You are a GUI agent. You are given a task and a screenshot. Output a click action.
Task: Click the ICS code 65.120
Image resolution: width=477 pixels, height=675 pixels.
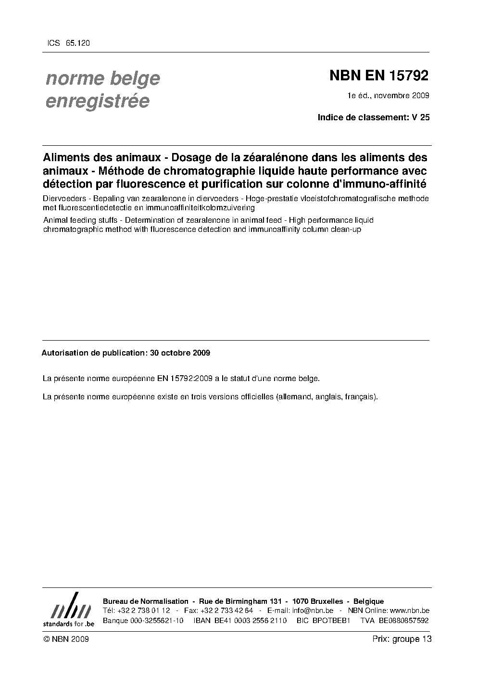pyautogui.click(x=77, y=43)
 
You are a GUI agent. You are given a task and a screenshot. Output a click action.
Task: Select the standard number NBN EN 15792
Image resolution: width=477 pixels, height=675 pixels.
pyautogui.click(x=378, y=76)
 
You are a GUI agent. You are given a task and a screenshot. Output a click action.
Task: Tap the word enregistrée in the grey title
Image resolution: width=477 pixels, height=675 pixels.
pyautogui.click(x=97, y=102)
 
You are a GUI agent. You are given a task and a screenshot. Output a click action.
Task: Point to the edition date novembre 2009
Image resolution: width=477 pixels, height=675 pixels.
pyautogui.click(x=402, y=95)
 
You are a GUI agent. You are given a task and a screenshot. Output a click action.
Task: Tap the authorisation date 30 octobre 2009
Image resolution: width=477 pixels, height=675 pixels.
pyautogui.click(x=180, y=353)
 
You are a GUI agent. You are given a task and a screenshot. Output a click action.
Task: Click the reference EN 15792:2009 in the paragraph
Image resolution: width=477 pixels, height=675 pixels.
pyautogui.click(x=185, y=379)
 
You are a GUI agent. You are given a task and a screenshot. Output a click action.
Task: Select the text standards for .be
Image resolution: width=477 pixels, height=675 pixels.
pyautogui.click(x=68, y=624)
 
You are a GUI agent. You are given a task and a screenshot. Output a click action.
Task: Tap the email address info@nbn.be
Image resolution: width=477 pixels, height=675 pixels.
pyautogui.click(x=313, y=611)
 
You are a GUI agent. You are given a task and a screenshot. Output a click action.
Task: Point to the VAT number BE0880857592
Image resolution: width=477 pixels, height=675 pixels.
pyautogui.click(x=403, y=620)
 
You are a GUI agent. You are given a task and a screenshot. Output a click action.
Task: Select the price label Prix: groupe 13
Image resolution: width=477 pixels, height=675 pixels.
pyautogui.click(x=402, y=639)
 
